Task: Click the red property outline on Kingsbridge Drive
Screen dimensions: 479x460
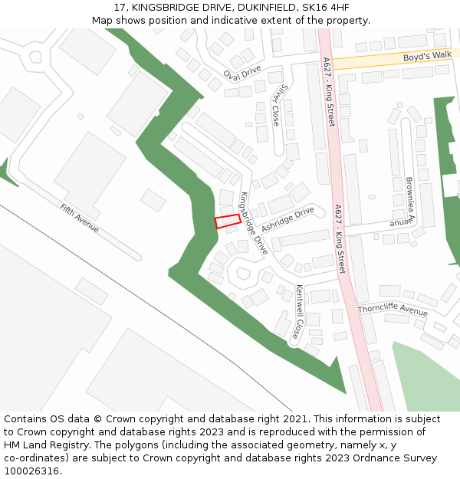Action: pos(227,221)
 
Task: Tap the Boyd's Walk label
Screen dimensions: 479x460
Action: pos(427,57)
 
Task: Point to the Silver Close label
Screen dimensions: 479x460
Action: pos(277,105)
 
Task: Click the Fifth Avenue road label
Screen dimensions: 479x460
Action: pos(80,218)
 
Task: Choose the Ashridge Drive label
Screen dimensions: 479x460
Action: pos(287,218)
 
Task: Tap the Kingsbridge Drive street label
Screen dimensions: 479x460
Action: pos(255,223)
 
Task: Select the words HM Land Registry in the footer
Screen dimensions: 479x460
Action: pos(44,445)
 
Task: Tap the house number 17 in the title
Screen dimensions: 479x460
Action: pos(120,8)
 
